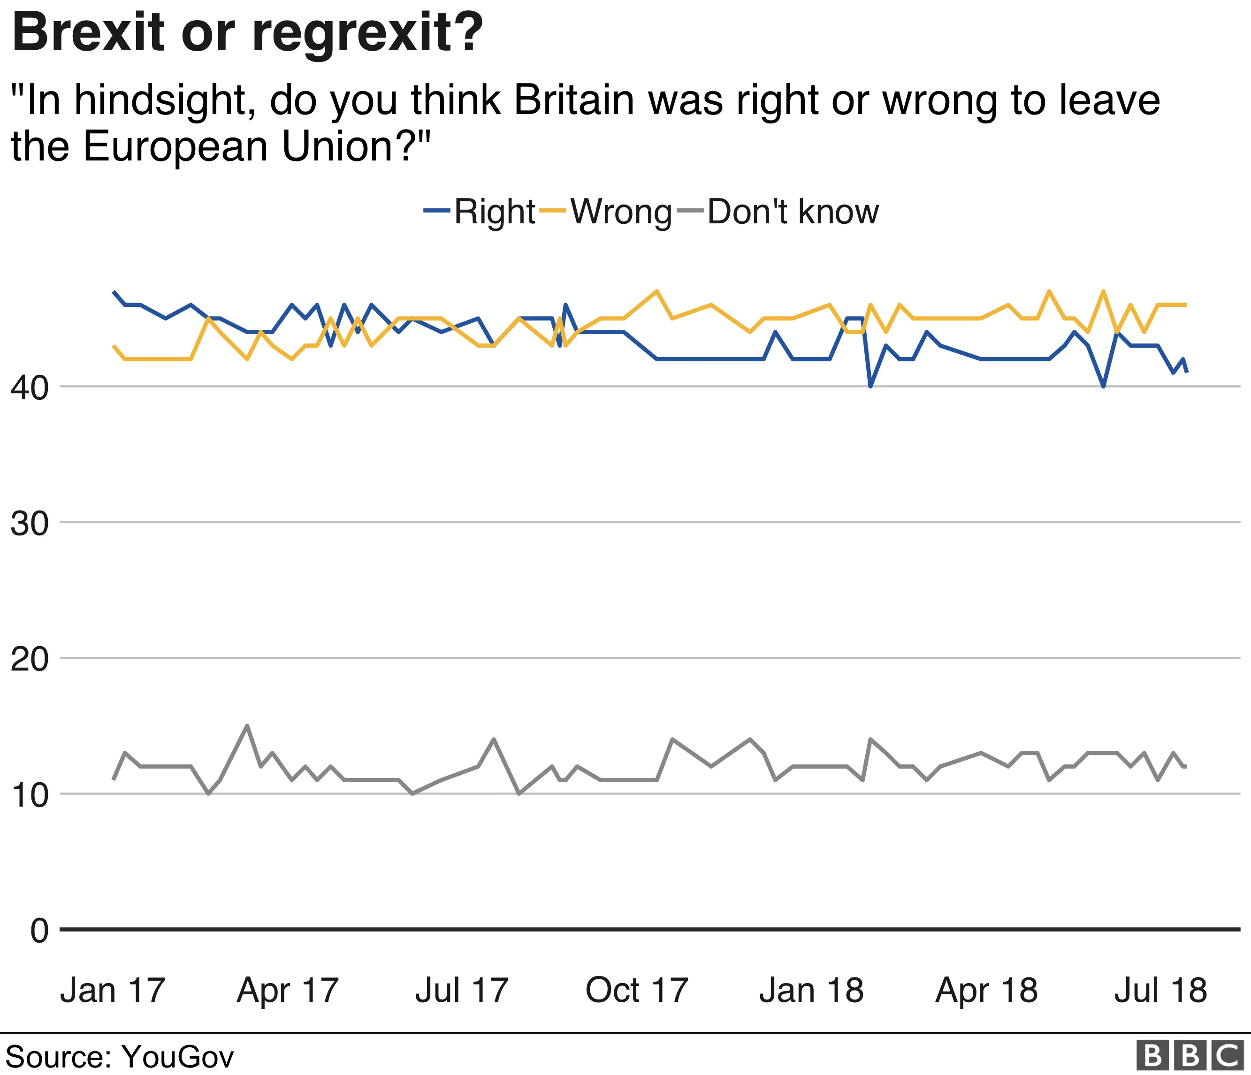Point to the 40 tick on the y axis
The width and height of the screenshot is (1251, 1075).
[30, 388]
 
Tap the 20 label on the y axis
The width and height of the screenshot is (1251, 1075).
[30, 659]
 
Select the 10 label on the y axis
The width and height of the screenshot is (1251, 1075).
[30, 795]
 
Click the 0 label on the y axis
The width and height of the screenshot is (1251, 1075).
[39, 931]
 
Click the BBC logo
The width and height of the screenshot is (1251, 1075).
[1190, 1056]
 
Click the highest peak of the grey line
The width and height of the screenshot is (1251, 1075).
[246, 725]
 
